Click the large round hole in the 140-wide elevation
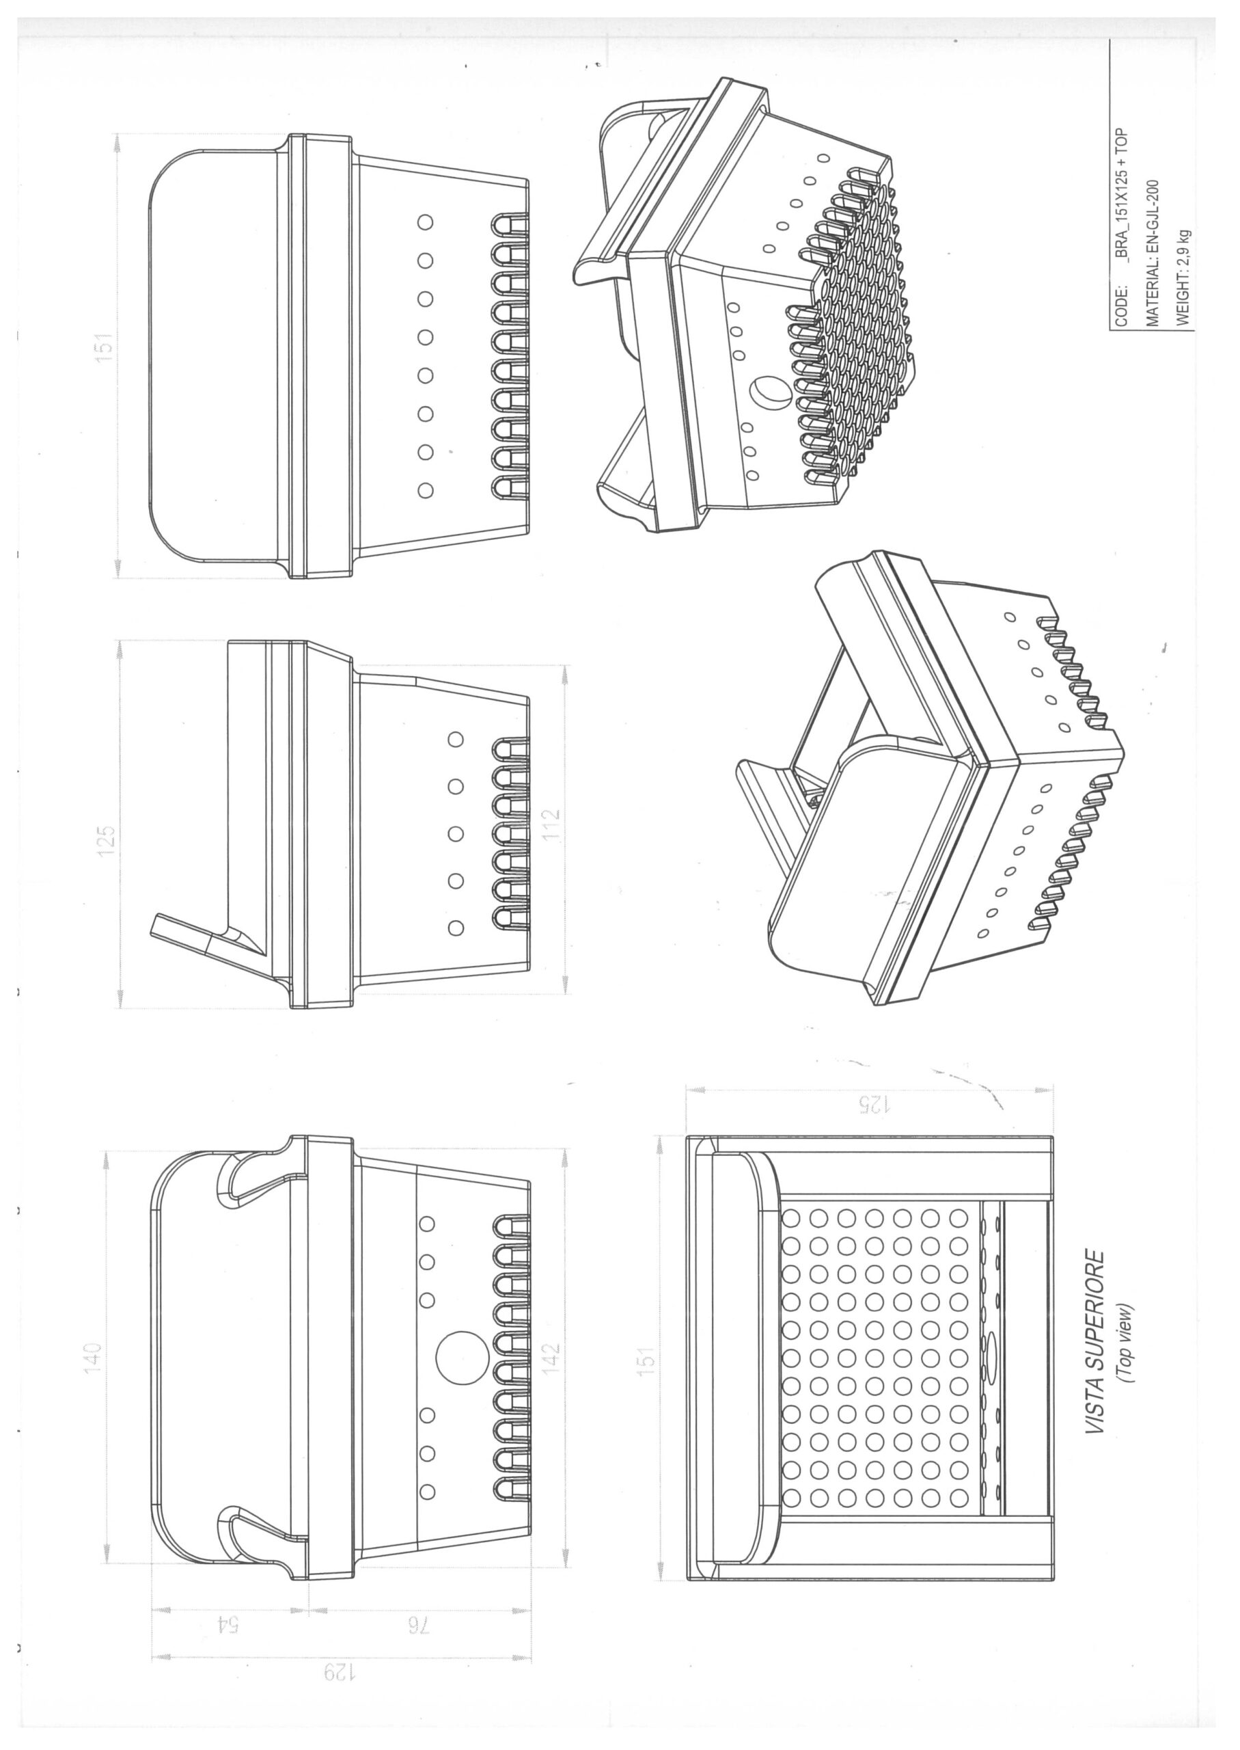click(462, 1358)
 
